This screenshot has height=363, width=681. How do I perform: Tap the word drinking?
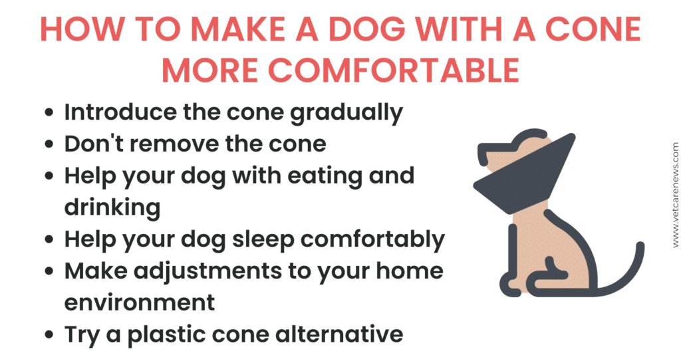tap(112, 207)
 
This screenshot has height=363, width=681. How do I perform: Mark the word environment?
tap(139, 302)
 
